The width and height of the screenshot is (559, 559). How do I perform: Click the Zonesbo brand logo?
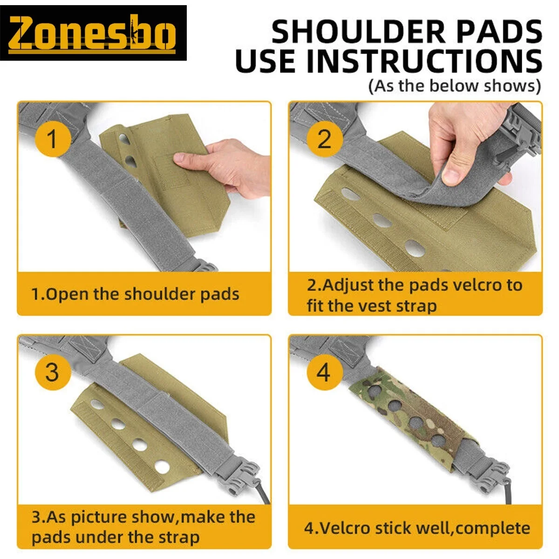(93, 33)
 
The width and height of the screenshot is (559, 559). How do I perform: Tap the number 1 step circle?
(53, 139)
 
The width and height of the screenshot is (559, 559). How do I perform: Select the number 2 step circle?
(324, 139)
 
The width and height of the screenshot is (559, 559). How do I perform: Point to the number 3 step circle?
(53, 372)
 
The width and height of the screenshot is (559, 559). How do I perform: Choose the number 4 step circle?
(324, 372)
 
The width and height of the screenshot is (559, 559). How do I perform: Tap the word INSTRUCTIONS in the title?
(424, 61)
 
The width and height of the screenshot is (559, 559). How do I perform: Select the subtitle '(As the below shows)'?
(455, 86)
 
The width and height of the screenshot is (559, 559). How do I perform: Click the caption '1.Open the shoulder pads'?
(135, 294)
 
